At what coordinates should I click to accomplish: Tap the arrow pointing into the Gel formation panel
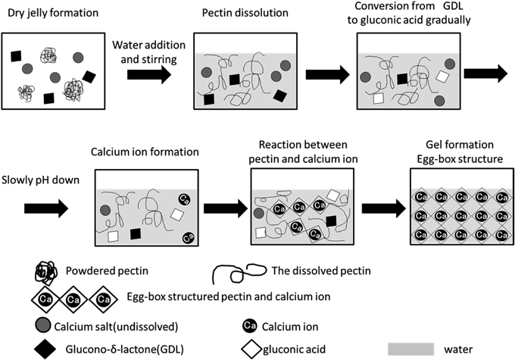point(384,206)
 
